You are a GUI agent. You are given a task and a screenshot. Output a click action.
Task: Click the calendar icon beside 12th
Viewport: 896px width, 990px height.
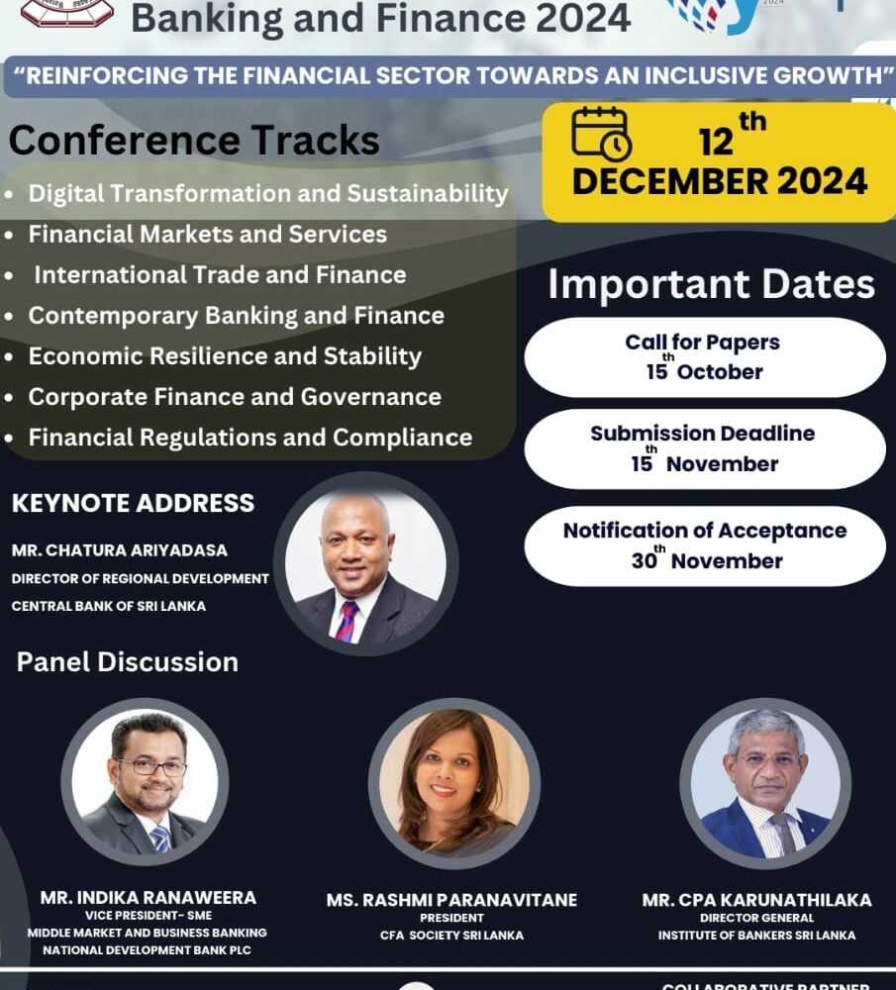[601, 134]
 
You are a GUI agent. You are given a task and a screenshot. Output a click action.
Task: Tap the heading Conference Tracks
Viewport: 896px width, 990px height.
[194, 140]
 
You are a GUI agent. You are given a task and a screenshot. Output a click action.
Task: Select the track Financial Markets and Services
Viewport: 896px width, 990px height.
[207, 235]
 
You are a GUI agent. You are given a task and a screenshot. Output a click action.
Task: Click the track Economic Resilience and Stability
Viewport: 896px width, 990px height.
[225, 356]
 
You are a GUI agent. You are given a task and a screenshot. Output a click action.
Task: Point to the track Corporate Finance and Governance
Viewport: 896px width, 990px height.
[235, 397]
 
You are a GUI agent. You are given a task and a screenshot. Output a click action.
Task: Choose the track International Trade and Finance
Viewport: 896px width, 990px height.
[221, 275]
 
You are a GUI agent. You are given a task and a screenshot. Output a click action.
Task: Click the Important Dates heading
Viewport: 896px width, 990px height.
[712, 285]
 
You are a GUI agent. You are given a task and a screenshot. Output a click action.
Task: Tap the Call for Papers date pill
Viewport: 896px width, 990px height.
[705, 357]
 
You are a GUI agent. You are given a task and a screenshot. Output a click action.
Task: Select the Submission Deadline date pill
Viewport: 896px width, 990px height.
[705, 448]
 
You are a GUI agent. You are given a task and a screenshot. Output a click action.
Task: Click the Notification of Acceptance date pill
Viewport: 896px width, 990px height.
[705, 546]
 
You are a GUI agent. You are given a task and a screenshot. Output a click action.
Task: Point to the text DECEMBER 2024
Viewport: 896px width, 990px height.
[720, 182]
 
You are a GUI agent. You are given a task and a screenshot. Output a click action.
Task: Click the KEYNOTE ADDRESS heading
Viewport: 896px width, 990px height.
[134, 503]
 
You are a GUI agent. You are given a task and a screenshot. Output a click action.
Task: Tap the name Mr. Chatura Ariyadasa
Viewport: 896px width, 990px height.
[120, 549]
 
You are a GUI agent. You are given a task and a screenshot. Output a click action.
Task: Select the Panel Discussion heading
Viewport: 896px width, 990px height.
[128, 662]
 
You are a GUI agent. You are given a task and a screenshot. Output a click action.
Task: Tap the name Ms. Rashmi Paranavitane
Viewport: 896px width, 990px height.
[451, 900]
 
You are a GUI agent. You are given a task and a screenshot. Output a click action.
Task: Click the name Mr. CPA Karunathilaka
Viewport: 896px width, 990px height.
[756, 900]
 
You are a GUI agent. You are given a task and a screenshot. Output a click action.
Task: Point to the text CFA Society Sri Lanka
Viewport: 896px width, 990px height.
[451, 936]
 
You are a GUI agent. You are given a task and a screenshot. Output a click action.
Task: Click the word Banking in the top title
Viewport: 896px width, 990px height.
[207, 19]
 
